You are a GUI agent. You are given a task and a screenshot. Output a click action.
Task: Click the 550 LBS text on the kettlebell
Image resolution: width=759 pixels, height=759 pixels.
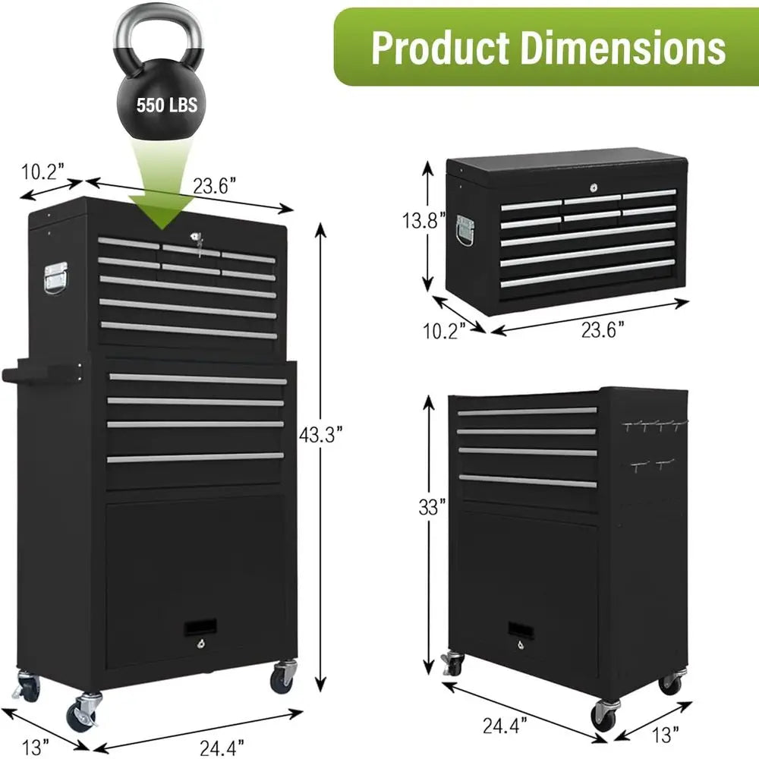click(166, 104)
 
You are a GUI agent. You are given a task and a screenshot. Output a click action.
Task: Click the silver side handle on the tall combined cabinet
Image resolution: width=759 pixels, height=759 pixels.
click(55, 278)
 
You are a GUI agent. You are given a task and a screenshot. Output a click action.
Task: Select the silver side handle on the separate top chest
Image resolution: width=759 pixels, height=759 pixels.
click(465, 230)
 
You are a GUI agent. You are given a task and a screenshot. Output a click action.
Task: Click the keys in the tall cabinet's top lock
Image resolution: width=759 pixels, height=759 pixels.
click(200, 241)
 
